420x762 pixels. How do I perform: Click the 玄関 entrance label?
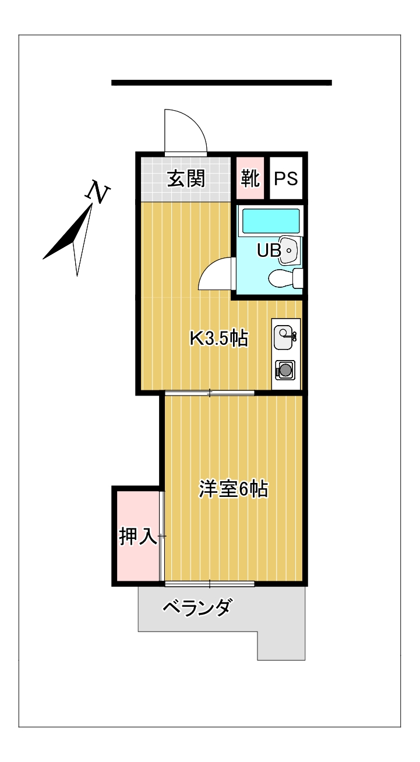186,179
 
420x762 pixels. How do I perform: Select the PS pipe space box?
286,179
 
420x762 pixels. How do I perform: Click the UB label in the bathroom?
269,250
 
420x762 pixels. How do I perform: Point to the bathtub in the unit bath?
270,221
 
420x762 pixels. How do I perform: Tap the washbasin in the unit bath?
288,250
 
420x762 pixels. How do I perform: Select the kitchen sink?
284,337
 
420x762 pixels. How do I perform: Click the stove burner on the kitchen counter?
285,369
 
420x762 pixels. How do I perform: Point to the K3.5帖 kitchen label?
220,338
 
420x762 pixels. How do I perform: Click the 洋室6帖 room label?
233,489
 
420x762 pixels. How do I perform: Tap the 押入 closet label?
137,537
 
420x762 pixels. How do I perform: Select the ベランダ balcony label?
197,608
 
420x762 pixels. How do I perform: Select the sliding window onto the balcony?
210,583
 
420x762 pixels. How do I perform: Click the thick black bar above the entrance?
221,83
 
